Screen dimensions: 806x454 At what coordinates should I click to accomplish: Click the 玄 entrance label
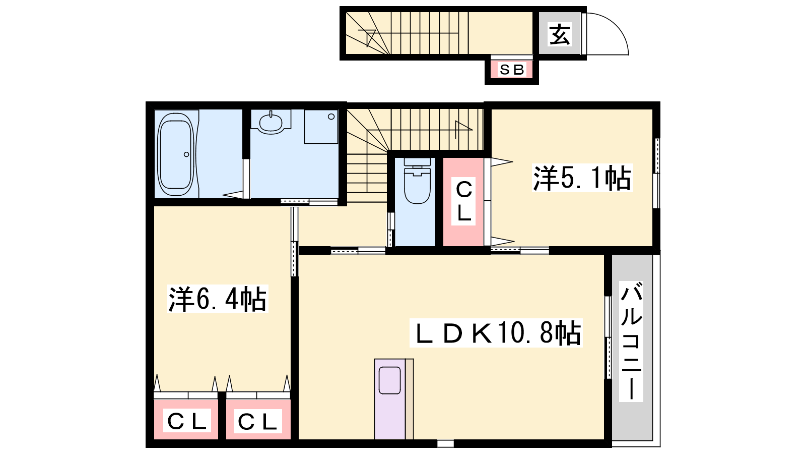click(559, 35)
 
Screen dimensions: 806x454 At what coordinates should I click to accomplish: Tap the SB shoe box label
click(512, 70)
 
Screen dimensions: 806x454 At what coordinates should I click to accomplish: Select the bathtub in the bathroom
click(176, 154)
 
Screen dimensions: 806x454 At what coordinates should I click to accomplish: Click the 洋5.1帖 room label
click(582, 178)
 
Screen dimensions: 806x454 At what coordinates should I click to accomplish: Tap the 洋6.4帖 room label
click(218, 299)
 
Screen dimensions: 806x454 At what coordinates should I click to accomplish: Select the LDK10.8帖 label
click(496, 333)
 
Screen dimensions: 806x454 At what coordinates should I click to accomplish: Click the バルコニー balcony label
click(631, 341)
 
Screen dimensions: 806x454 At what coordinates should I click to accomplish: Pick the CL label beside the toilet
click(464, 201)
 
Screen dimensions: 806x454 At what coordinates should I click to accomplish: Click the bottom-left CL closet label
click(187, 420)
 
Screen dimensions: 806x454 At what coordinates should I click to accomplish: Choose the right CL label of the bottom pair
click(257, 421)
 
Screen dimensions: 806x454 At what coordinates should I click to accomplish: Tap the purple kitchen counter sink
click(390, 380)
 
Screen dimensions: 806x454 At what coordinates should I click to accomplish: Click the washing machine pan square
click(321, 127)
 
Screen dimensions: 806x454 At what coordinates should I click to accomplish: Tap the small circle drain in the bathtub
click(186, 154)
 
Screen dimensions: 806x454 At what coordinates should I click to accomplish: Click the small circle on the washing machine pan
click(331, 117)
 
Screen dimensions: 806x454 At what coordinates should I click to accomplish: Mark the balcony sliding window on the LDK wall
click(608, 337)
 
